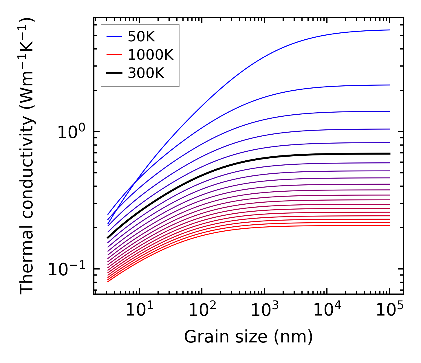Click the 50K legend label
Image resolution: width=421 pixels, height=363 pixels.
point(141,37)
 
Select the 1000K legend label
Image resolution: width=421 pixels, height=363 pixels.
point(150,55)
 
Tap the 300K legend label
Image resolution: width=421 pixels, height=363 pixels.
point(146,74)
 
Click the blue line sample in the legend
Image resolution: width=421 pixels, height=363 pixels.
point(115,36)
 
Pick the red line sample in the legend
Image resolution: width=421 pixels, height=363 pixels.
point(115,55)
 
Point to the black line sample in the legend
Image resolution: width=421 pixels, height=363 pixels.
point(115,73)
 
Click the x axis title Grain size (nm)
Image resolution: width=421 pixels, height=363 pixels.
point(248,337)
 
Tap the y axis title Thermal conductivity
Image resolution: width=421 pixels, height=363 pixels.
point(28,156)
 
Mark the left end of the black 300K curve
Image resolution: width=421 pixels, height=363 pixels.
point(108,238)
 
